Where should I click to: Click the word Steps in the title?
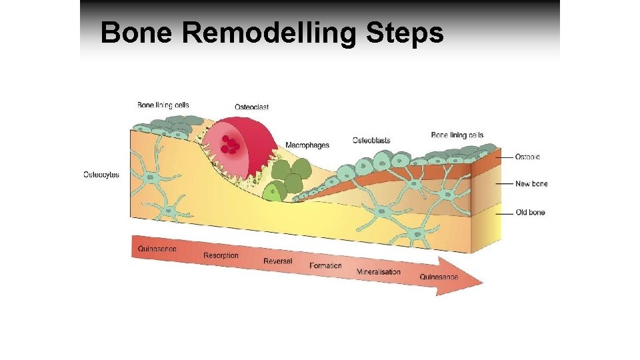pyautogui.click(x=405, y=32)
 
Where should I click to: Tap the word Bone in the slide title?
pyautogui.click(x=137, y=32)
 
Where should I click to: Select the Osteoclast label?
pyautogui.click(x=252, y=107)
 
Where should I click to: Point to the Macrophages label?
pyautogui.click(x=307, y=145)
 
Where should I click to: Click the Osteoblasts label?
pyautogui.click(x=371, y=140)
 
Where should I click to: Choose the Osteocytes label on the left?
pyautogui.click(x=101, y=175)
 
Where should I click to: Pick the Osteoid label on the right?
pyautogui.click(x=528, y=157)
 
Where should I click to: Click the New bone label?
pyautogui.click(x=531, y=183)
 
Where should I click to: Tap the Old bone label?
pyautogui.click(x=531, y=213)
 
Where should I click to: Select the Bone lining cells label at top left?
pyautogui.click(x=163, y=105)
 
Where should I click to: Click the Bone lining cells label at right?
pyautogui.click(x=457, y=135)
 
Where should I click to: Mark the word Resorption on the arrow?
pyautogui.click(x=221, y=255)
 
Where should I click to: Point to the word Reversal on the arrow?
pyautogui.click(x=278, y=261)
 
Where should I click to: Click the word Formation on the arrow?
pyautogui.click(x=325, y=265)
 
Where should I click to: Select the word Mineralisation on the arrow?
pyautogui.click(x=379, y=271)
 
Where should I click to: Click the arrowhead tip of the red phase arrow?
pyautogui.click(x=481, y=283)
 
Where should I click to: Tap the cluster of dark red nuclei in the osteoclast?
pyautogui.click(x=230, y=144)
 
